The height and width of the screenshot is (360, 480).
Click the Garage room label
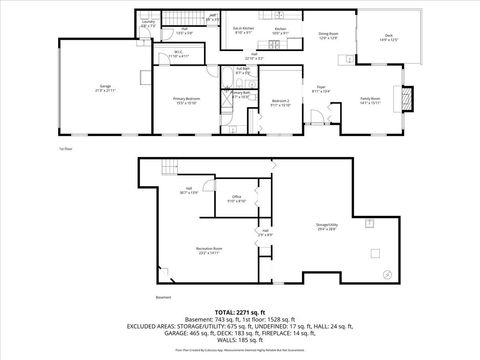point(104,88)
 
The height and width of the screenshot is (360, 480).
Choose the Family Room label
point(370,99)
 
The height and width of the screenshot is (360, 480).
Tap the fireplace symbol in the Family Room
point(405,98)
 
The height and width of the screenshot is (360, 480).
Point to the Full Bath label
point(241,72)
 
